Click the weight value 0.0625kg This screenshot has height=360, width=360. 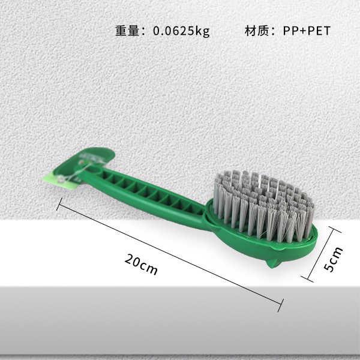[182, 31]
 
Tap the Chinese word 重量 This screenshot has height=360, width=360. [127, 31]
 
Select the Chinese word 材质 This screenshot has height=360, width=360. [256, 31]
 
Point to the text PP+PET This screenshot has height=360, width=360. [307, 31]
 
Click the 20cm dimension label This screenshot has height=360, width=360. [142, 264]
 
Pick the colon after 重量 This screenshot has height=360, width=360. [144, 31]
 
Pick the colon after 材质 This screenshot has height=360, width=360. [274, 31]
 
